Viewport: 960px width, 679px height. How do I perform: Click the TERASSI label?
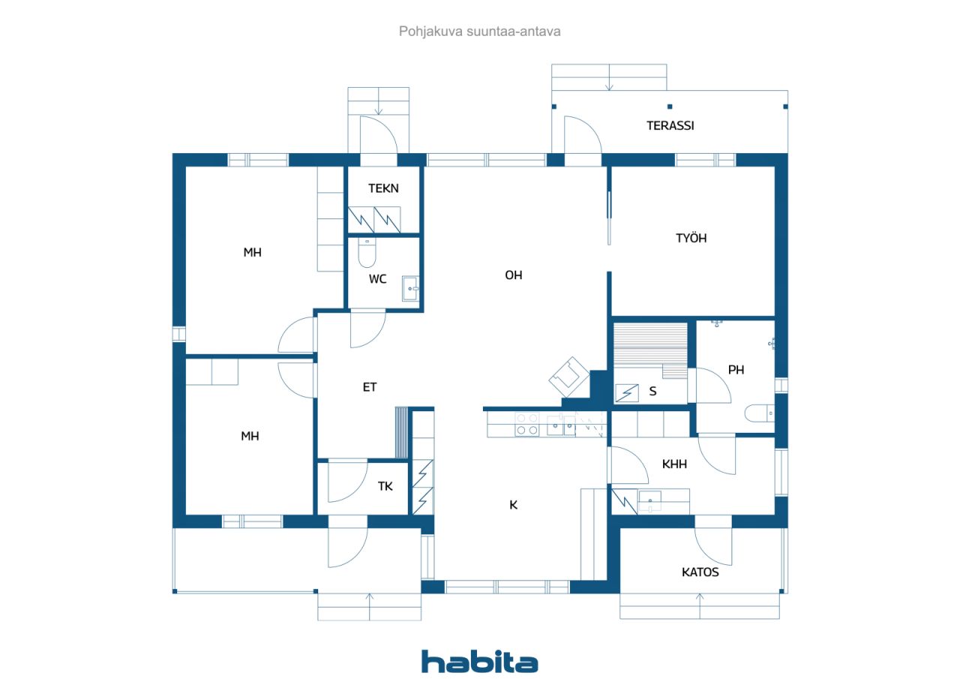click(670, 125)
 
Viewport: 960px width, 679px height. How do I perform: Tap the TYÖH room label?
click(691, 239)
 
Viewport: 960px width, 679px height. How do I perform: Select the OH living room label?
click(513, 275)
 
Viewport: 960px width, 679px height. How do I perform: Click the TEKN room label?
click(383, 188)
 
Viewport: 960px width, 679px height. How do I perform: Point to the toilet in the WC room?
click(367, 254)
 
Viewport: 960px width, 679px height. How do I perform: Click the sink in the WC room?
click(411, 287)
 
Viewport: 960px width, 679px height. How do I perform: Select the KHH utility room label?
click(674, 464)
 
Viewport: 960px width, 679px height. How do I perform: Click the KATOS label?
click(700, 572)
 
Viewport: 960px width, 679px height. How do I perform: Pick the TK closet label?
click(385, 486)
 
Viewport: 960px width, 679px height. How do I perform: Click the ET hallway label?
click(370, 387)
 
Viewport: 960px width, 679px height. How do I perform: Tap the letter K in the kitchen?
click(513, 505)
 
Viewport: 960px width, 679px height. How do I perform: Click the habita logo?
click(479, 662)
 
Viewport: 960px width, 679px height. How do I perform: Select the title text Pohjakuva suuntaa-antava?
click(479, 32)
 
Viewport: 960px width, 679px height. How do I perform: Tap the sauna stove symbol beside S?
click(627, 392)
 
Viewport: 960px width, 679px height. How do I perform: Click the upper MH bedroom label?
click(252, 253)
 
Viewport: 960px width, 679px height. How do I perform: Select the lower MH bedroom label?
click(250, 436)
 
